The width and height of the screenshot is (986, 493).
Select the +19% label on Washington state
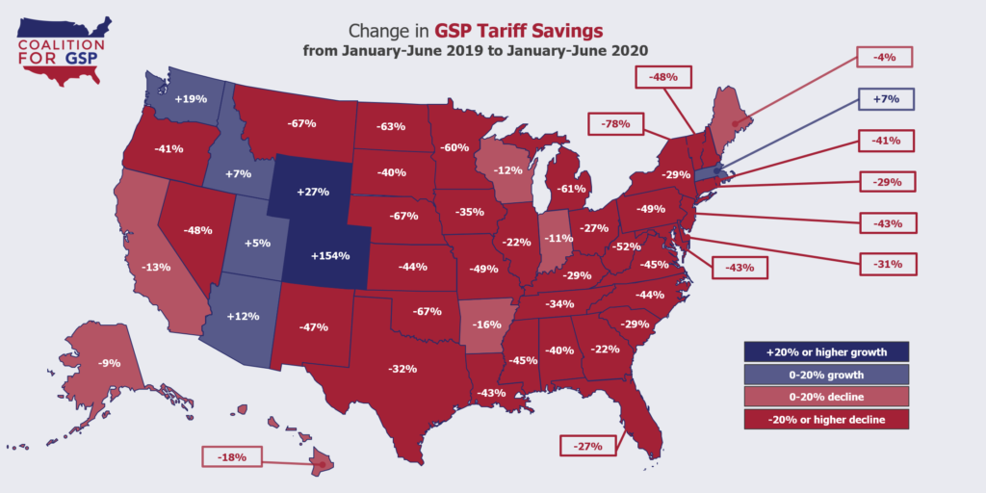(x=191, y=98)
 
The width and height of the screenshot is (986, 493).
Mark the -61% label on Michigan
(x=571, y=189)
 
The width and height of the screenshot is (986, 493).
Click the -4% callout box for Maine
(x=886, y=58)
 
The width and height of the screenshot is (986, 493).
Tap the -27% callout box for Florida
(x=590, y=446)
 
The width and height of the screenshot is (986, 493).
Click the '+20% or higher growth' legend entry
(x=827, y=351)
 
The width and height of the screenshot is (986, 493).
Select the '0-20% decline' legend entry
(x=827, y=397)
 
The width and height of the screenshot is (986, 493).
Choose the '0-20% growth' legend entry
(x=827, y=375)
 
